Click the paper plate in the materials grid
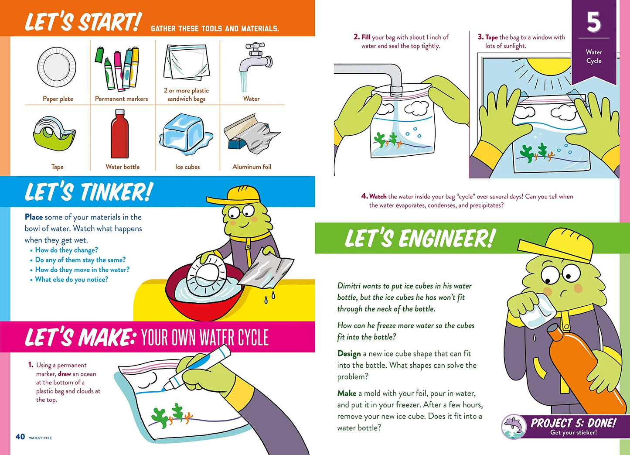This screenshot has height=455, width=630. click(57, 67)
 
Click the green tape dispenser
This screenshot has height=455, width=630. click(54, 134)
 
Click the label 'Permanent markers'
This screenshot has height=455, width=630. click(121, 99)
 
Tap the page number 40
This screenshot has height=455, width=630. click(20, 437)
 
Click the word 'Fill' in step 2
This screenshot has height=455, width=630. click(366, 37)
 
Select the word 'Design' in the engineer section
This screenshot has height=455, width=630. click(349, 354)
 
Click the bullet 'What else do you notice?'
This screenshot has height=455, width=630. click(72, 280)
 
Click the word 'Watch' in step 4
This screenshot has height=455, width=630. click(378, 196)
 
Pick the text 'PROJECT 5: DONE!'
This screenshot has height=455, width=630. click(573, 423)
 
